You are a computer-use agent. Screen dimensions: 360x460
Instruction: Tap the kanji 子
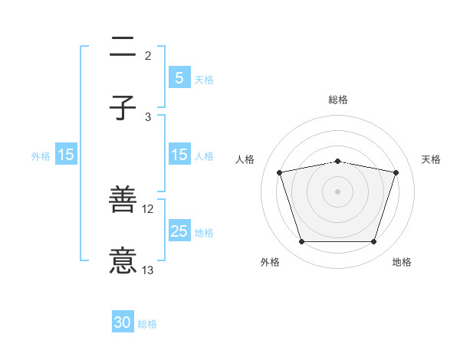[x=123, y=108]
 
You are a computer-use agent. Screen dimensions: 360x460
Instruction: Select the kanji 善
[x=123, y=201]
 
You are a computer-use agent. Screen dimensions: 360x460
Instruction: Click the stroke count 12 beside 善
[x=148, y=209]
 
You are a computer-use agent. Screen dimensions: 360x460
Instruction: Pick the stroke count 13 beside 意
[x=148, y=270]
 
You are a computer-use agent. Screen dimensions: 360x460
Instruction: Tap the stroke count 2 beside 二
[x=148, y=55]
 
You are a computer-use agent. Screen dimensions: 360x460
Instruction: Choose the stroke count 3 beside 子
[x=148, y=116]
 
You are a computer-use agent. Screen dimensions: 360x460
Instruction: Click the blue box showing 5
[x=179, y=77]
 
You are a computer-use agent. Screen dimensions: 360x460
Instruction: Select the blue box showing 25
[x=179, y=231]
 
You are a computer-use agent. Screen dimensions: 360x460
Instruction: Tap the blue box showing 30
[x=123, y=322]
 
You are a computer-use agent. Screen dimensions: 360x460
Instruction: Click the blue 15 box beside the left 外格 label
[x=66, y=155]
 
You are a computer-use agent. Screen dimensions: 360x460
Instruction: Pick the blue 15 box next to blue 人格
[x=179, y=155]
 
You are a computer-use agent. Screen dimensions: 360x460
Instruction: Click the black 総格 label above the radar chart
[x=337, y=100]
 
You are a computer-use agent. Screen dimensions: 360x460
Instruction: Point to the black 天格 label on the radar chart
[x=432, y=159]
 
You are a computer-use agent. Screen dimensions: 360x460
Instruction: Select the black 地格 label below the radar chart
[x=402, y=262]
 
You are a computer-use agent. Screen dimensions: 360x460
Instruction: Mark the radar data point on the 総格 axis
[x=337, y=161]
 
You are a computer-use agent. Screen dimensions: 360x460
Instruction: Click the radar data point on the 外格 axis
[x=301, y=241]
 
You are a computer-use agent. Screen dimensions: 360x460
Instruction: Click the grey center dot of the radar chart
[x=337, y=191]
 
